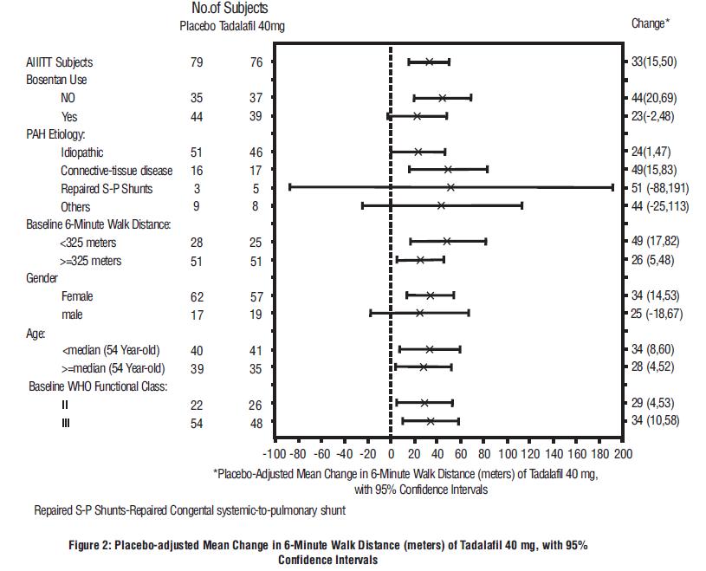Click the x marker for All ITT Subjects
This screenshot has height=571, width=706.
429,62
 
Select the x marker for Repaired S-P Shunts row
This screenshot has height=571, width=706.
450,187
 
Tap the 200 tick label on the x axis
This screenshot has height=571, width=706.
623,453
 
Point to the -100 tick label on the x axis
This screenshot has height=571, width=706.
274,453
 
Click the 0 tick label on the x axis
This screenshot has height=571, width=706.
391,453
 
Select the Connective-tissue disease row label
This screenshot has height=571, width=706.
116,170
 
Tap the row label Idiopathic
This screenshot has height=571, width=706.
82,152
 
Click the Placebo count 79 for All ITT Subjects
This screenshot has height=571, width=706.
197,62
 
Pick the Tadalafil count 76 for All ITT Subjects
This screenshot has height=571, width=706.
256,62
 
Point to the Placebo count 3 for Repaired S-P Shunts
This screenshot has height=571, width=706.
197,188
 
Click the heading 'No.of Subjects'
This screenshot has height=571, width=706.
230,9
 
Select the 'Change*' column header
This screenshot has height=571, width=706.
651,24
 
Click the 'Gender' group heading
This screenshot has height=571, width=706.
42,278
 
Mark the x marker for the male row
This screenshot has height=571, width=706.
420,314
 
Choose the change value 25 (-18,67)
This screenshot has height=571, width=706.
664,314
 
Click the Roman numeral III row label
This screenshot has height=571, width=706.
66,422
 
